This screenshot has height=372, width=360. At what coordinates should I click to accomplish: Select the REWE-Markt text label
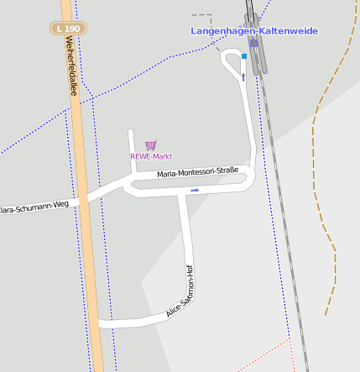[151, 156]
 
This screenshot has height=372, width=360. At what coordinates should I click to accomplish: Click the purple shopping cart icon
[150, 145]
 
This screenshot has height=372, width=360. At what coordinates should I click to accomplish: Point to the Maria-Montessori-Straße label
[197, 172]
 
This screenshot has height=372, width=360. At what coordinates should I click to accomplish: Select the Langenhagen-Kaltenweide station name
[254, 31]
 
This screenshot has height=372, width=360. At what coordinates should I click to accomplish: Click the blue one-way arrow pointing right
[195, 190]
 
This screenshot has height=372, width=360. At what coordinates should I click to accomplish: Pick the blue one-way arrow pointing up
[243, 77]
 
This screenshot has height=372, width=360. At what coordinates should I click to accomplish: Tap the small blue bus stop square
[244, 56]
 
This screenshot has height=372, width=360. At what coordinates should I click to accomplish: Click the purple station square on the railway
[253, 44]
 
